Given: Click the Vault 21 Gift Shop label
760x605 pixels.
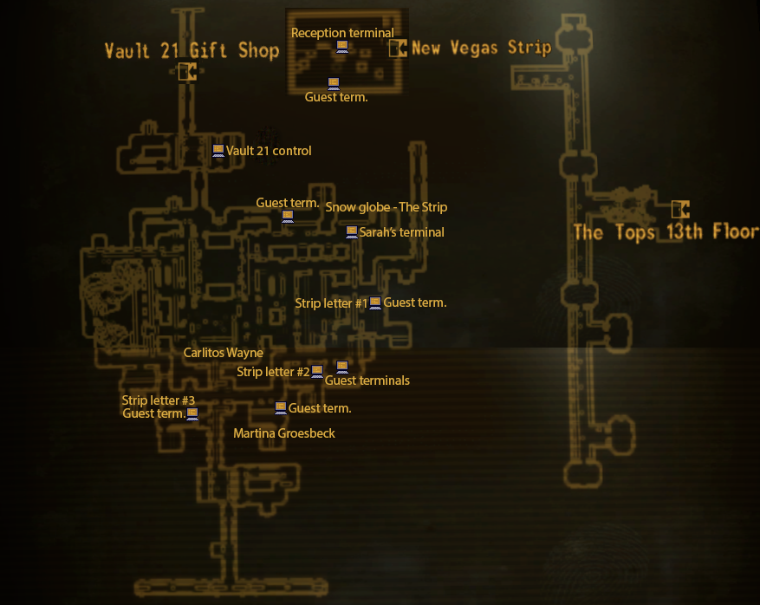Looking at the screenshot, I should (192, 50).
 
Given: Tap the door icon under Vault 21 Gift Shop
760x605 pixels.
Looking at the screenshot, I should (186, 72).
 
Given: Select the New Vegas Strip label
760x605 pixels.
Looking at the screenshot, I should (481, 48).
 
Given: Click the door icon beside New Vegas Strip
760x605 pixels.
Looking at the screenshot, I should (398, 48).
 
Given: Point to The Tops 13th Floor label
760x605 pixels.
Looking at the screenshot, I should (666, 231).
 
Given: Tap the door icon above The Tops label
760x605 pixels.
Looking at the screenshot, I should (680, 209).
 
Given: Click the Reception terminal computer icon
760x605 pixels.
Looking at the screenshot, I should (342, 46).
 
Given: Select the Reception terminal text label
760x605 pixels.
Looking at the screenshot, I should (342, 33).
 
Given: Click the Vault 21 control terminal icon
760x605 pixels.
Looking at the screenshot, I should (218, 151).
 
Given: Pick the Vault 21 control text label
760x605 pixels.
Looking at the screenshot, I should (269, 151).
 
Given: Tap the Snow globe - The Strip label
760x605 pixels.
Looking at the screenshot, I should (386, 207).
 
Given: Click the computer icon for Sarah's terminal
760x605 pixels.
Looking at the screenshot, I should (352, 232).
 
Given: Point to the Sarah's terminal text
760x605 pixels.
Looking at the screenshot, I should (402, 232).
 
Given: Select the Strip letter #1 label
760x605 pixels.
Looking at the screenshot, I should (331, 303).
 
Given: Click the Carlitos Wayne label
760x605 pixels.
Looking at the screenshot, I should (223, 353).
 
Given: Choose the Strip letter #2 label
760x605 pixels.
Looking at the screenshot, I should (273, 372).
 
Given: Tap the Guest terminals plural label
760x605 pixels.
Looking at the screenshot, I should (367, 381).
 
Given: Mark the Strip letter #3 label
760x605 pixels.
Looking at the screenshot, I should (159, 400).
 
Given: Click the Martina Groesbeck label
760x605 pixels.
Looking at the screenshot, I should (284, 433).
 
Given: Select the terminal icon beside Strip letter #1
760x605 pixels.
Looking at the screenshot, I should (375, 302).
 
